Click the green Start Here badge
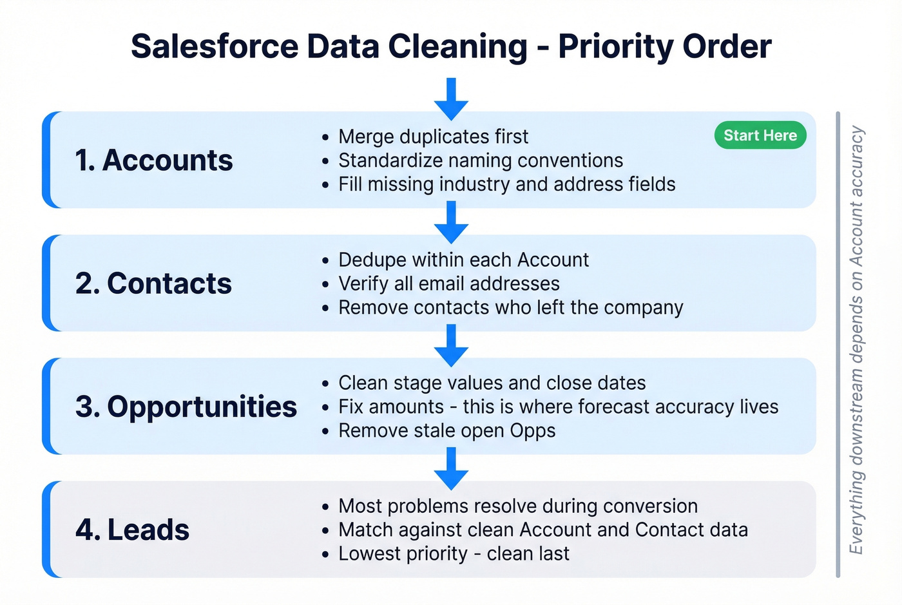pyautogui.click(x=760, y=135)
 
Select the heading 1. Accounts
pyautogui.click(x=153, y=160)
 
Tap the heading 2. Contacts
pyautogui.click(x=153, y=283)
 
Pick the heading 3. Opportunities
pyautogui.click(x=186, y=407)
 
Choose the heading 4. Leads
pyautogui.click(x=132, y=530)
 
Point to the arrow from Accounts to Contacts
pyautogui.click(x=451, y=222)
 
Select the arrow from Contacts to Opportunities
pyautogui.click(x=451, y=345)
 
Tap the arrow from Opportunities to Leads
pyautogui.click(x=451, y=468)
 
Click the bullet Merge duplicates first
pyautogui.click(x=433, y=137)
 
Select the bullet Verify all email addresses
pyautogui.click(x=448, y=283)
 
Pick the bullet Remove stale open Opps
pyautogui.click(x=446, y=430)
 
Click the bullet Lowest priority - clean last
pyautogui.click(x=454, y=553)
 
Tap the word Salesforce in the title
pyautogui.click(x=215, y=46)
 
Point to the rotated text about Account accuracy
pyautogui.click(x=856, y=340)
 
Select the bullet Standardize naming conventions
pyautogui.click(x=481, y=160)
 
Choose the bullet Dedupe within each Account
pyautogui.click(x=463, y=260)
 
